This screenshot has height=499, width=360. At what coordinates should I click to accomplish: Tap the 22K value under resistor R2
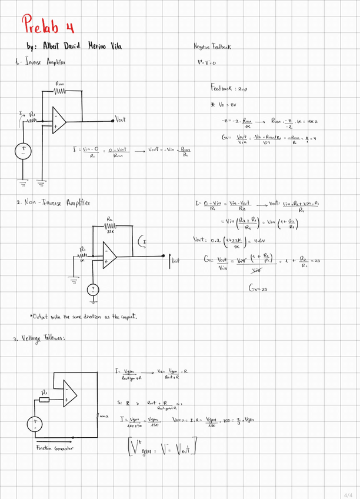click(110, 232)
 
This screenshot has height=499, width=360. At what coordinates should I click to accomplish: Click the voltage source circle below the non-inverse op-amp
click(92, 290)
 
